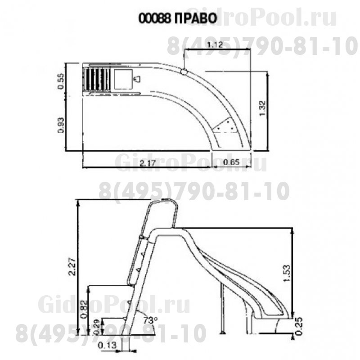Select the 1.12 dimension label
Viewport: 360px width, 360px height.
[216, 45]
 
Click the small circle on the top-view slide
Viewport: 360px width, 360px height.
[184, 71]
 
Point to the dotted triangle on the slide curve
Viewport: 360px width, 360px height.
[226, 126]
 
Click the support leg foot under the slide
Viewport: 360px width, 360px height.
[222, 333]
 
